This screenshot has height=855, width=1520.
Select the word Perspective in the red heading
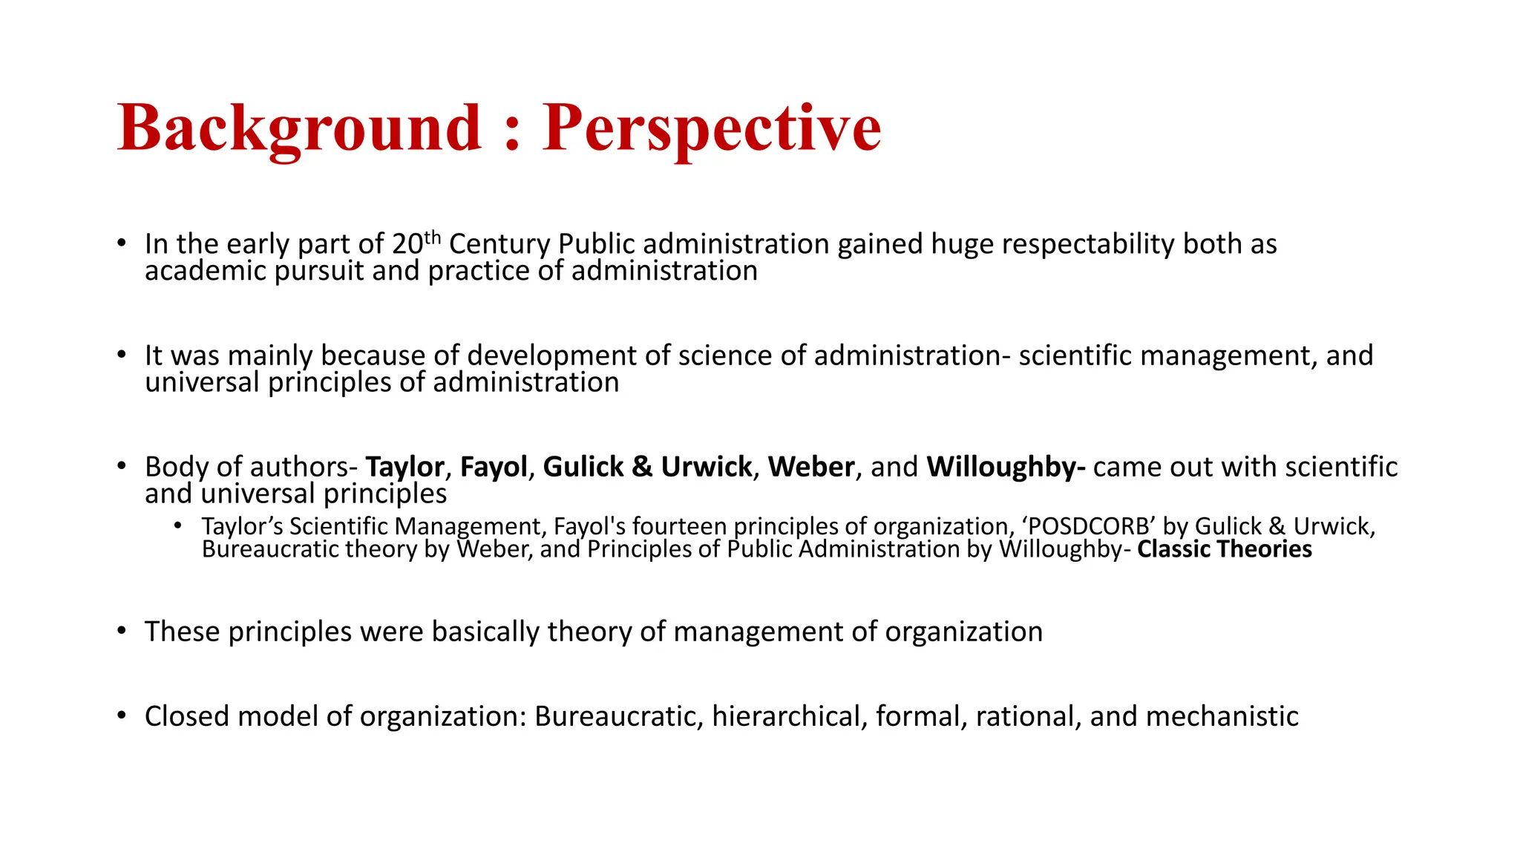(x=711, y=128)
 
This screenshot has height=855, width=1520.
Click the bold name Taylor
(x=404, y=467)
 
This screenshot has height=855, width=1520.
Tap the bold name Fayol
(x=494, y=467)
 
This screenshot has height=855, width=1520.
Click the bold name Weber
(x=811, y=467)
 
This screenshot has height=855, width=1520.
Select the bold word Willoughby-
(x=1006, y=467)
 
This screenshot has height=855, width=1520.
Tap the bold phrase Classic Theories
(x=1224, y=549)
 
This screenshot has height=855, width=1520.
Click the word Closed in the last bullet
(x=186, y=716)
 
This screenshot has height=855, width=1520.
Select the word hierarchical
(x=789, y=716)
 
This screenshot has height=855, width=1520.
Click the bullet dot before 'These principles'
(x=122, y=631)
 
